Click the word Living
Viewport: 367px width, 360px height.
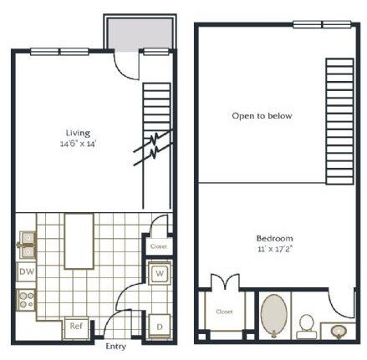click(78, 132)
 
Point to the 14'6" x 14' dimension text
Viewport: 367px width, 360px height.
click(78, 144)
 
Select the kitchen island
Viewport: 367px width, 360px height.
click(79, 241)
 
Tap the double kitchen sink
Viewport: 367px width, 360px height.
click(27, 243)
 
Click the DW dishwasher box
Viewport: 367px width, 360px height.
click(26, 273)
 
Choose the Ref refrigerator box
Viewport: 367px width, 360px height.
click(75, 326)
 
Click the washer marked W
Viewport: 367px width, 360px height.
click(158, 274)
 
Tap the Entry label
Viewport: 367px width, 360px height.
click(115, 346)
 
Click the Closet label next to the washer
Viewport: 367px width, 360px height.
click(157, 247)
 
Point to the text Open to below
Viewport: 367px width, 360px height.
click(262, 116)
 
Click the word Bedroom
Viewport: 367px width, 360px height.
click(273, 237)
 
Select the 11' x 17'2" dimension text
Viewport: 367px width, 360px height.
click(273, 249)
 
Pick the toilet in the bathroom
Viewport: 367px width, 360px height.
click(307, 323)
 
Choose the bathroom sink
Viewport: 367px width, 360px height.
click(339, 332)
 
